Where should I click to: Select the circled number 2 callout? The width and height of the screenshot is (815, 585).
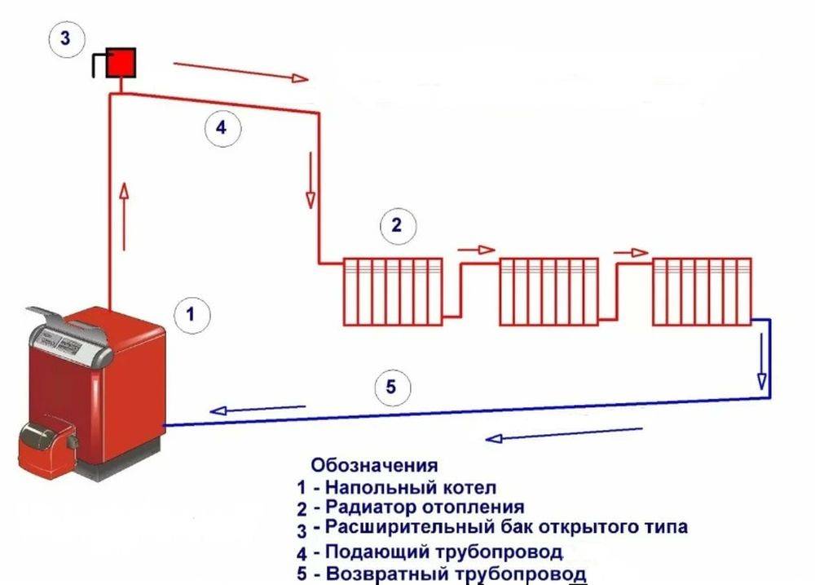397,224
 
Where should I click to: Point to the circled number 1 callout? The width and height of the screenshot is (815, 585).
191,313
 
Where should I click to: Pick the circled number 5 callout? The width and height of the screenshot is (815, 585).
391,387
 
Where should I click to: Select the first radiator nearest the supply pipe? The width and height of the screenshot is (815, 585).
393,291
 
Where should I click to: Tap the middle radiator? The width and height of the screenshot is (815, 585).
548,291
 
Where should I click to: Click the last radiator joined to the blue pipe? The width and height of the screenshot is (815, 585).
701,291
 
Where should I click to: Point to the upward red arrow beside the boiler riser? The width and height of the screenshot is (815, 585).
124,215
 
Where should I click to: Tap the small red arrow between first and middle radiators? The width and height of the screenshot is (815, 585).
477,250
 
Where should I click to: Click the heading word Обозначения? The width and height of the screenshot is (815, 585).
373,466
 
